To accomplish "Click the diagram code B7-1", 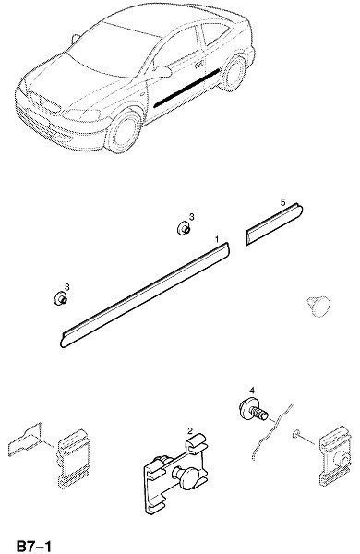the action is pos(34,545).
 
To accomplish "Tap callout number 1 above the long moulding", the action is pos(217,239).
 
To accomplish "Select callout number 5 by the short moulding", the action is pos(282,202).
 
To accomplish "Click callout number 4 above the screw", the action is pos(252,390).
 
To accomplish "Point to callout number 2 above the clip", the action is pos(190,430).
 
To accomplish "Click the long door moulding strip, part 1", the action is pos(146,295).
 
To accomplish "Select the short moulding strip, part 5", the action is pos(274,224).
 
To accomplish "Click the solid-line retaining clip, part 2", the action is pos(175,472).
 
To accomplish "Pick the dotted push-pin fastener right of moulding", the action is pos(318,306).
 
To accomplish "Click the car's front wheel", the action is pos(125,131).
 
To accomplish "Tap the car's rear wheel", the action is pos(234,73).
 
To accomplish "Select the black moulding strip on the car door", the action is pos(187,88).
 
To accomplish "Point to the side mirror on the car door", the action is pos(162,71).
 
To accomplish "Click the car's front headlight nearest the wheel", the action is pos(81,115).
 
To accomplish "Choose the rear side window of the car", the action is pos(215,33).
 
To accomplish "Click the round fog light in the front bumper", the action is pos(57,136).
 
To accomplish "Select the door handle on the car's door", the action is pos(198,66).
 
